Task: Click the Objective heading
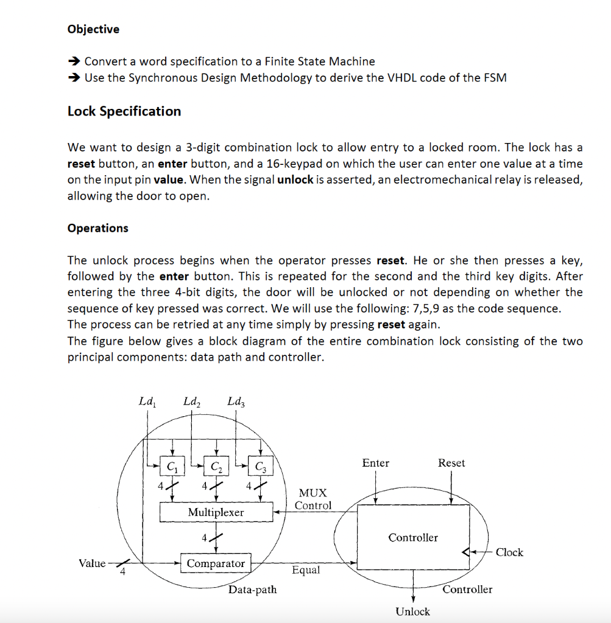coord(93,29)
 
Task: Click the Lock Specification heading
coord(124,111)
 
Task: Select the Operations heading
coord(97,228)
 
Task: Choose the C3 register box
coord(260,467)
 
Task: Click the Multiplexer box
coord(216,512)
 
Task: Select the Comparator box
coord(216,563)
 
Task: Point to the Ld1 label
coord(147,402)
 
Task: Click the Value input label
coord(92,563)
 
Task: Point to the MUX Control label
coord(313,499)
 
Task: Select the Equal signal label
coord(305,570)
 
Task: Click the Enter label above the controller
coord(375,463)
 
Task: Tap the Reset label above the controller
coord(451,463)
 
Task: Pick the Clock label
coord(509,552)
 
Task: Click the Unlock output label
coord(412,611)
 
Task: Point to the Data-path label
coord(252,589)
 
